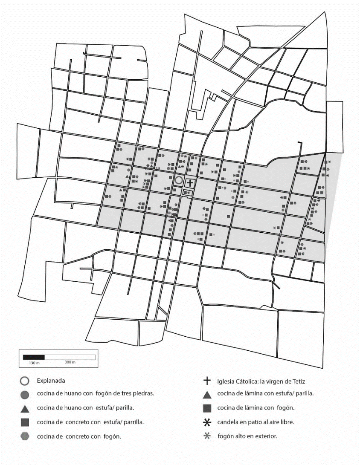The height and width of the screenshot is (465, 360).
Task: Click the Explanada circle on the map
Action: click(x=179, y=181)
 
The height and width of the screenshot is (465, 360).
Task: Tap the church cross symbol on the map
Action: click(x=190, y=183)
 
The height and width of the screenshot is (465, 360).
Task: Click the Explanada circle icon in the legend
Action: click(x=25, y=380)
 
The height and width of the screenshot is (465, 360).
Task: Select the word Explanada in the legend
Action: click(x=51, y=380)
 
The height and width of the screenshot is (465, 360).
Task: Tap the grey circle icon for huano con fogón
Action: click(x=25, y=394)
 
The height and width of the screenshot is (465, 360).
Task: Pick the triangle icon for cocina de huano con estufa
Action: click(x=25, y=408)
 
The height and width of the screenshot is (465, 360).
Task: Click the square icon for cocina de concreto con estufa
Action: click(x=25, y=422)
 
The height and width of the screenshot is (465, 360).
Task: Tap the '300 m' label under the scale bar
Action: click(x=70, y=362)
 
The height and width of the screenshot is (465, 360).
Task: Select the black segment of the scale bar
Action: click(x=34, y=356)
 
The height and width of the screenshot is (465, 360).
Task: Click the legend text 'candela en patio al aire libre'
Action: click(x=255, y=422)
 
